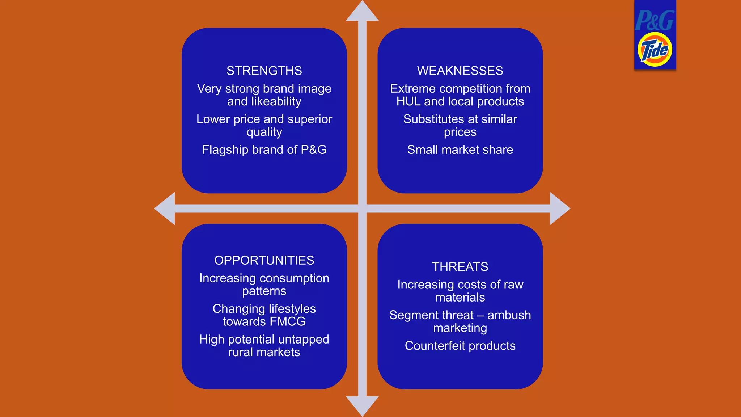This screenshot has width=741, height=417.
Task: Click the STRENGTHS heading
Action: (264, 71)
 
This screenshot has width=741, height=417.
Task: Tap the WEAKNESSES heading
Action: (460, 71)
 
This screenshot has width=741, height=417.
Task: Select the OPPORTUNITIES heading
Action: (264, 260)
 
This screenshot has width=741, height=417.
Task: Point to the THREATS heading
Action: (460, 267)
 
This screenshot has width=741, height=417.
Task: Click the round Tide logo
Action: (655, 50)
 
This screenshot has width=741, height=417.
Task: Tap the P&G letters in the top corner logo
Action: (655, 21)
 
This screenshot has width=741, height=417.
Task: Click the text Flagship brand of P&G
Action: (264, 149)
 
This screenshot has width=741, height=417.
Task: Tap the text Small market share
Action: (460, 149)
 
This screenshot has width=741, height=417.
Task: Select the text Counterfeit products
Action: (460, 346)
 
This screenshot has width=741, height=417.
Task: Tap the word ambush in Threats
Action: (509, 315)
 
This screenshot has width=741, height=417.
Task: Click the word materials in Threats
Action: (460, 298)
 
